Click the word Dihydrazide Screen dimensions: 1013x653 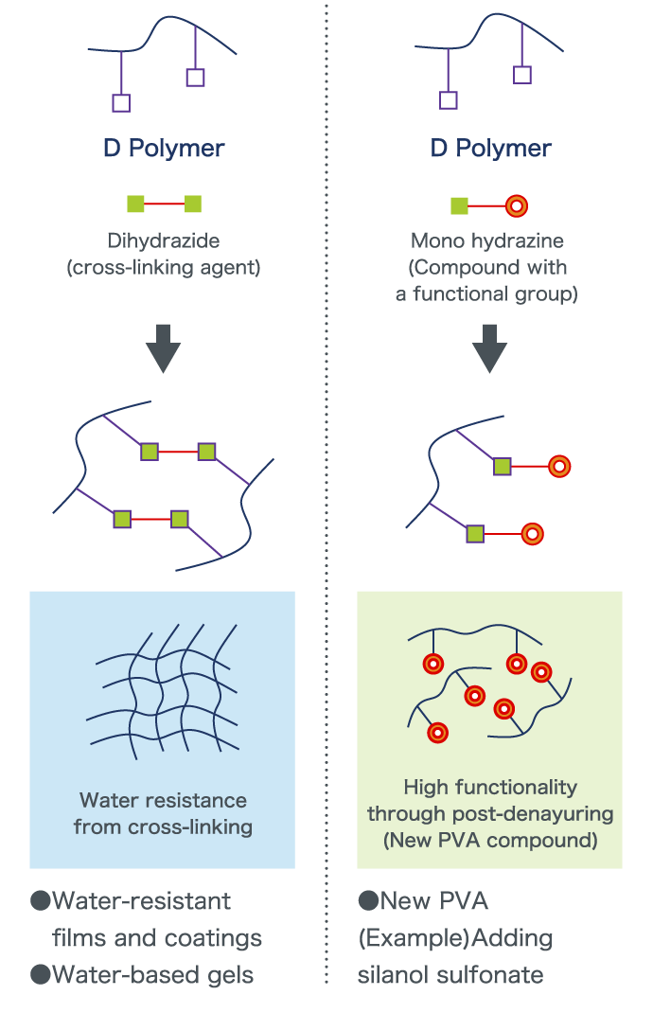point(163,241)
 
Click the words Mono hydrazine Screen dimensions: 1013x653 point(486,241)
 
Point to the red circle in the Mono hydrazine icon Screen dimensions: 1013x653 point(517,204)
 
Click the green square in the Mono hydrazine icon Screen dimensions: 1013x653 point(459,204)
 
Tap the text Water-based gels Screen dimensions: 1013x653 point(152,975)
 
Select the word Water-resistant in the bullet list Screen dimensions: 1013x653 point(142,900)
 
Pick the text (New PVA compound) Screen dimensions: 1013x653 point(489,840)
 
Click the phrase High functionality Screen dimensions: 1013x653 point(489,787)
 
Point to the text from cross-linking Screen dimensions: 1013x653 point(163,826)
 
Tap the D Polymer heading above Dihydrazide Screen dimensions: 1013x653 point(163,149)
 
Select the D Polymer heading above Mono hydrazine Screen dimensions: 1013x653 point(490,149)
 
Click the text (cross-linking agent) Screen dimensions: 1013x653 point(163,268)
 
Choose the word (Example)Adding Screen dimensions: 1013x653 point(454,938)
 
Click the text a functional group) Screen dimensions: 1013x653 point(486,294)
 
